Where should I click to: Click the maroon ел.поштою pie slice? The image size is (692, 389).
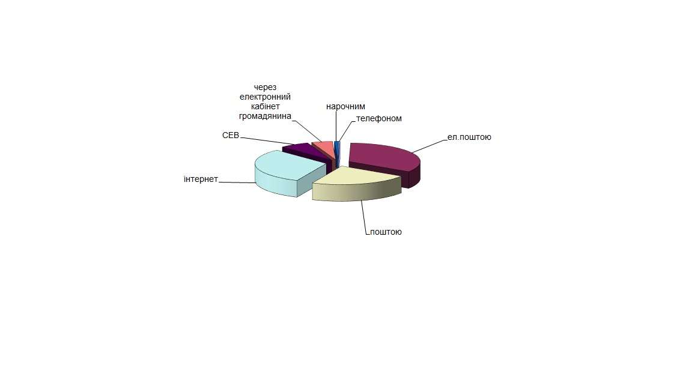point(384,161)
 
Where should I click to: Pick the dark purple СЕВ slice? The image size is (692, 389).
point(305,152)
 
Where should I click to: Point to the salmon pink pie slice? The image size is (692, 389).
point(324,149)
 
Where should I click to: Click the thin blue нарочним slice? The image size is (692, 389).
point(337,150)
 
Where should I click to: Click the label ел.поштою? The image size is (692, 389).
point(469,137)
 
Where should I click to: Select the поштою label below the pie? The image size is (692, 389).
point(386,232)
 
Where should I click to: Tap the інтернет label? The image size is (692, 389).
point(201,179)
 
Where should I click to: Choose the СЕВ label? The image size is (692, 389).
point(231,136)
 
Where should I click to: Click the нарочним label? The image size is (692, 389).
point(345,107)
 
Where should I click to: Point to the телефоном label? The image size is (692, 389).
point(379,119)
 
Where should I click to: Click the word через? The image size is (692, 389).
point(266,87)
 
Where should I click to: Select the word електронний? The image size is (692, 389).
point(266,97)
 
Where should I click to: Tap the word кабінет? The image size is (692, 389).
point(266,107)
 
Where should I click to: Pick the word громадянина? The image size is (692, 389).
point(266,116)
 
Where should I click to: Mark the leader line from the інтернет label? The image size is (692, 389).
point(237,182)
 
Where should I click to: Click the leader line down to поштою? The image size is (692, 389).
point(364,217)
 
